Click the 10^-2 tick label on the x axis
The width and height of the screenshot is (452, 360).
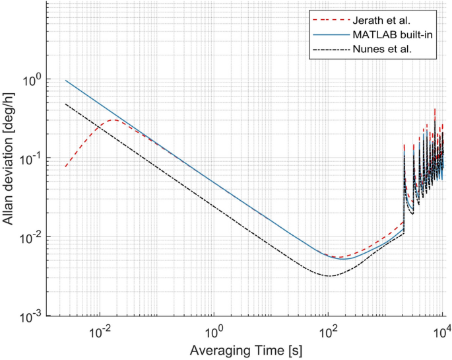coord(99,330)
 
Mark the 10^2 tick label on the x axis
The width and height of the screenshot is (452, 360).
coord(329,330)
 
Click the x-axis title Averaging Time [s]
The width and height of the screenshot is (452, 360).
coord(253,349)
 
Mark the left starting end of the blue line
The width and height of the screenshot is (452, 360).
coord(65,81)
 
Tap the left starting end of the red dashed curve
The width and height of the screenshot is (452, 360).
coord(65,167)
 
